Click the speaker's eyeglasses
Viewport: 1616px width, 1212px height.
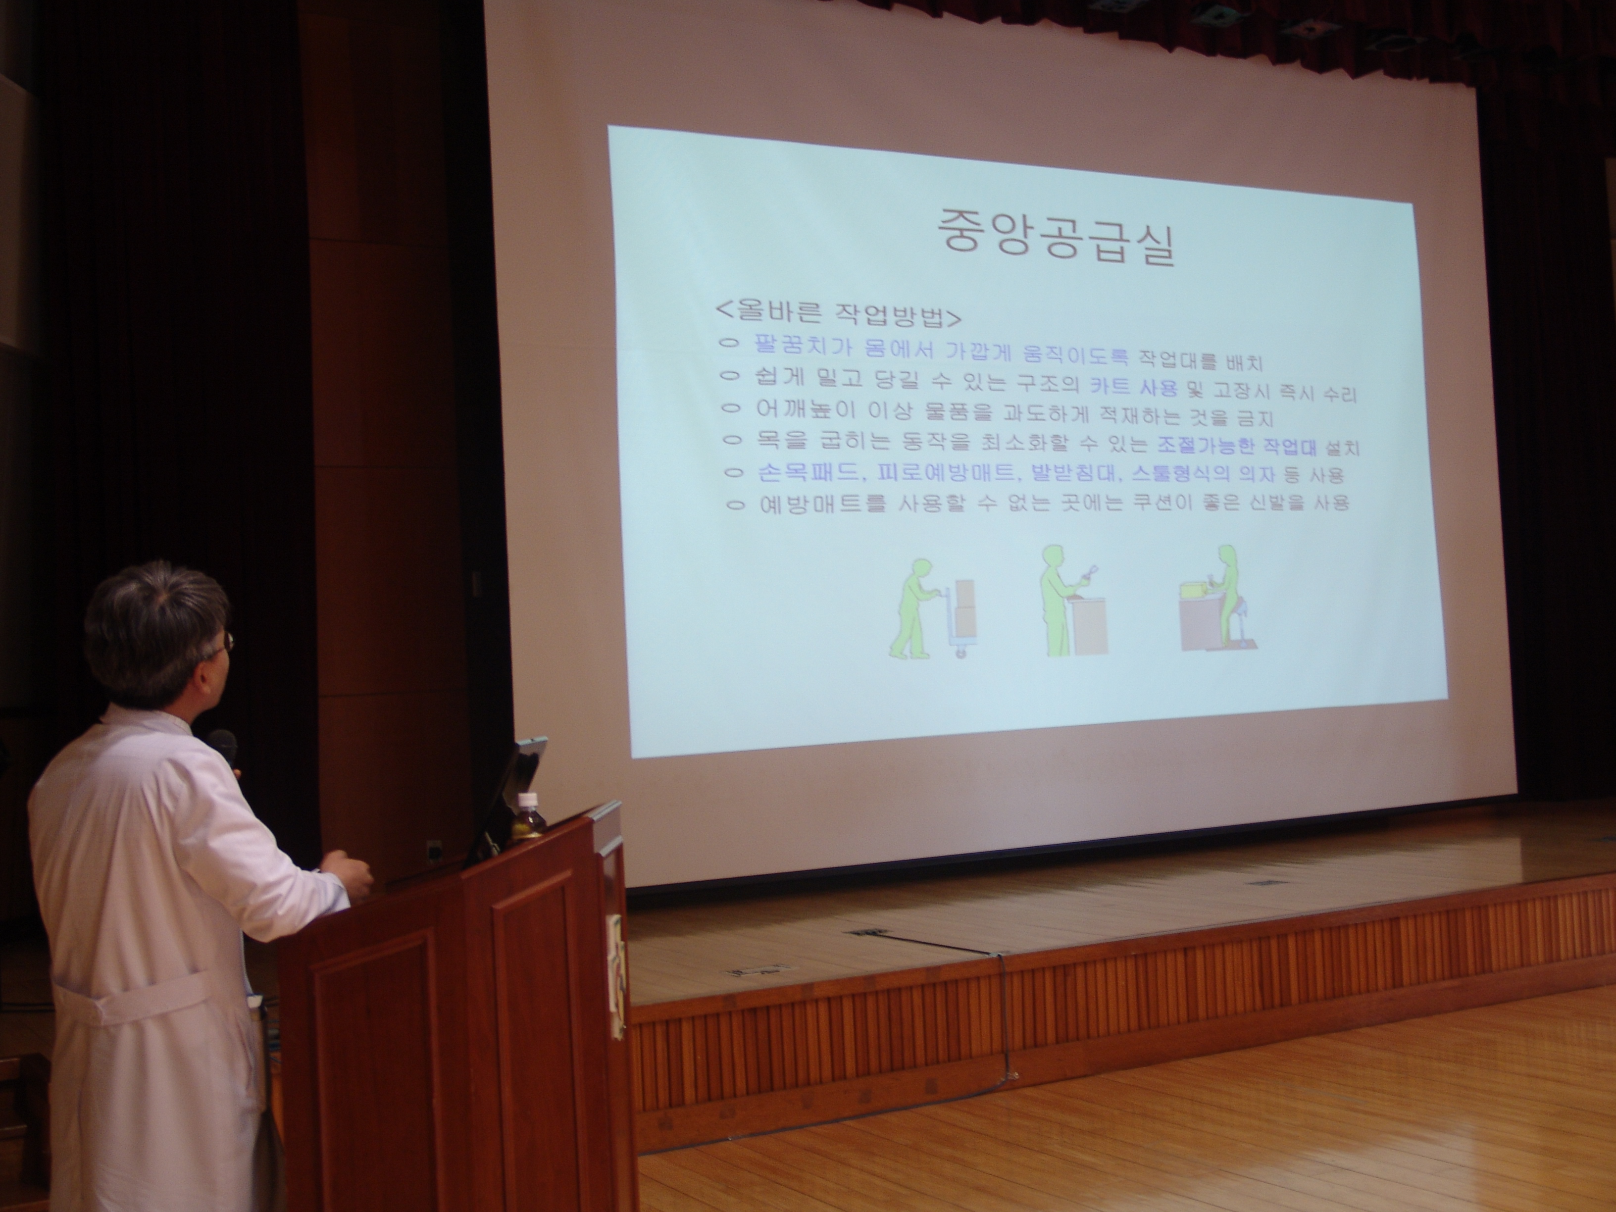tap(223, 644)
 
